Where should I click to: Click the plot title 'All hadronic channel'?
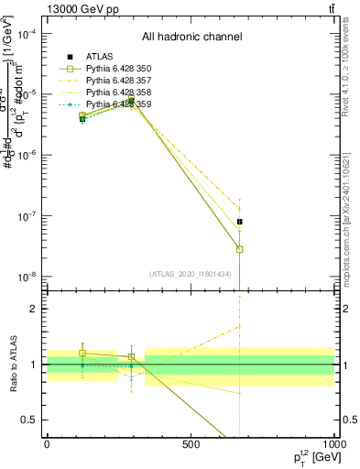(191, 38)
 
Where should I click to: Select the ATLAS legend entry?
(101, 58)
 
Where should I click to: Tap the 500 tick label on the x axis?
(191, 442)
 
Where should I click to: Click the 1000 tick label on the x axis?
(332, 442)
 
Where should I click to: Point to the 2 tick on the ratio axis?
(34, 309)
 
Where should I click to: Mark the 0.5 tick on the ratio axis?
(30, 420)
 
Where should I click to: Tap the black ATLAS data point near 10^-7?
(240, 222)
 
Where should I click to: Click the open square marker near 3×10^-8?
(240, 249)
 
